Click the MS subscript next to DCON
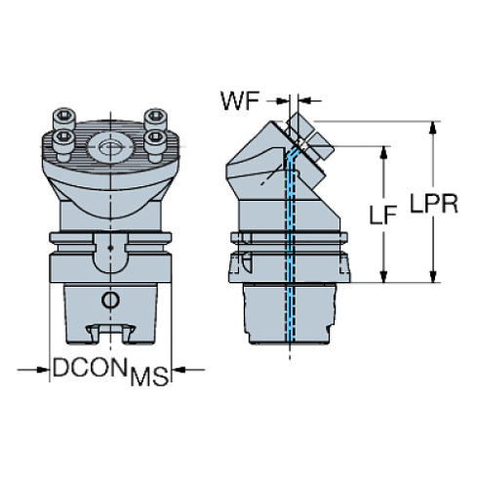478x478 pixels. coord(147,377)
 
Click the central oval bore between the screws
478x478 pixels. coord(111,149)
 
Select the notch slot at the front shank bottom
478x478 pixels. coord(111,335)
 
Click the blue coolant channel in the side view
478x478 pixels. coord(290,244)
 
